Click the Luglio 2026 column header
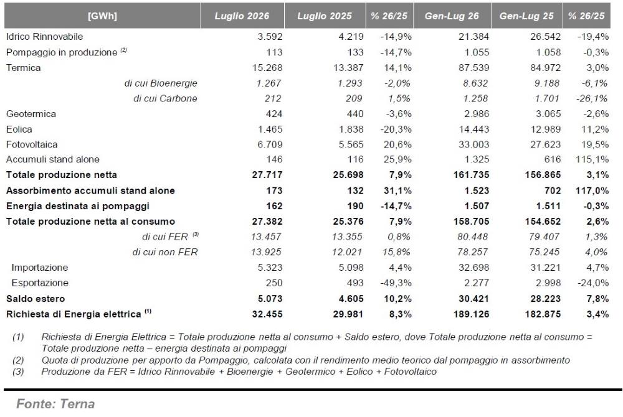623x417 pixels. [x=242, y=16]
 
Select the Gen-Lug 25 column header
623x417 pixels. [x=526, y=16]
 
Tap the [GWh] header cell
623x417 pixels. [x=102, y=16]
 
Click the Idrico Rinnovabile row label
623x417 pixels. [x=44, y=37]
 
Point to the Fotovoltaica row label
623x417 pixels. [x=32, y=144]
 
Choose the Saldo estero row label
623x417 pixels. [x=36, y=299]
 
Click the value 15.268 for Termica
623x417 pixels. [x=267, y=67]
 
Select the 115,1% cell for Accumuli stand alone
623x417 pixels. [x=592, y=159]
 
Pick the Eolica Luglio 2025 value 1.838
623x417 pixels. [x=351, y=129]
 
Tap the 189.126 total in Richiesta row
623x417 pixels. [x=471, y=314]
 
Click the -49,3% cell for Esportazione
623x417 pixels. [x=396, y=283]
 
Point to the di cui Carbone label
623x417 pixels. [x=165, y=98]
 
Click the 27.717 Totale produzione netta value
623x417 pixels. [x=267, y=175]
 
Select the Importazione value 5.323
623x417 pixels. [x=270, y=268]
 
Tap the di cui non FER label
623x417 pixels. [x=165, y=252]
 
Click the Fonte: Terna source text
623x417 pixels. [x=55, y=404]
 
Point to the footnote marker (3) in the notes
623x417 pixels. [x=18, y=372]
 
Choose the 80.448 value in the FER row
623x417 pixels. [x=472, y=237]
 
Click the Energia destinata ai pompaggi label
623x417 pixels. [x=78, y=206]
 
